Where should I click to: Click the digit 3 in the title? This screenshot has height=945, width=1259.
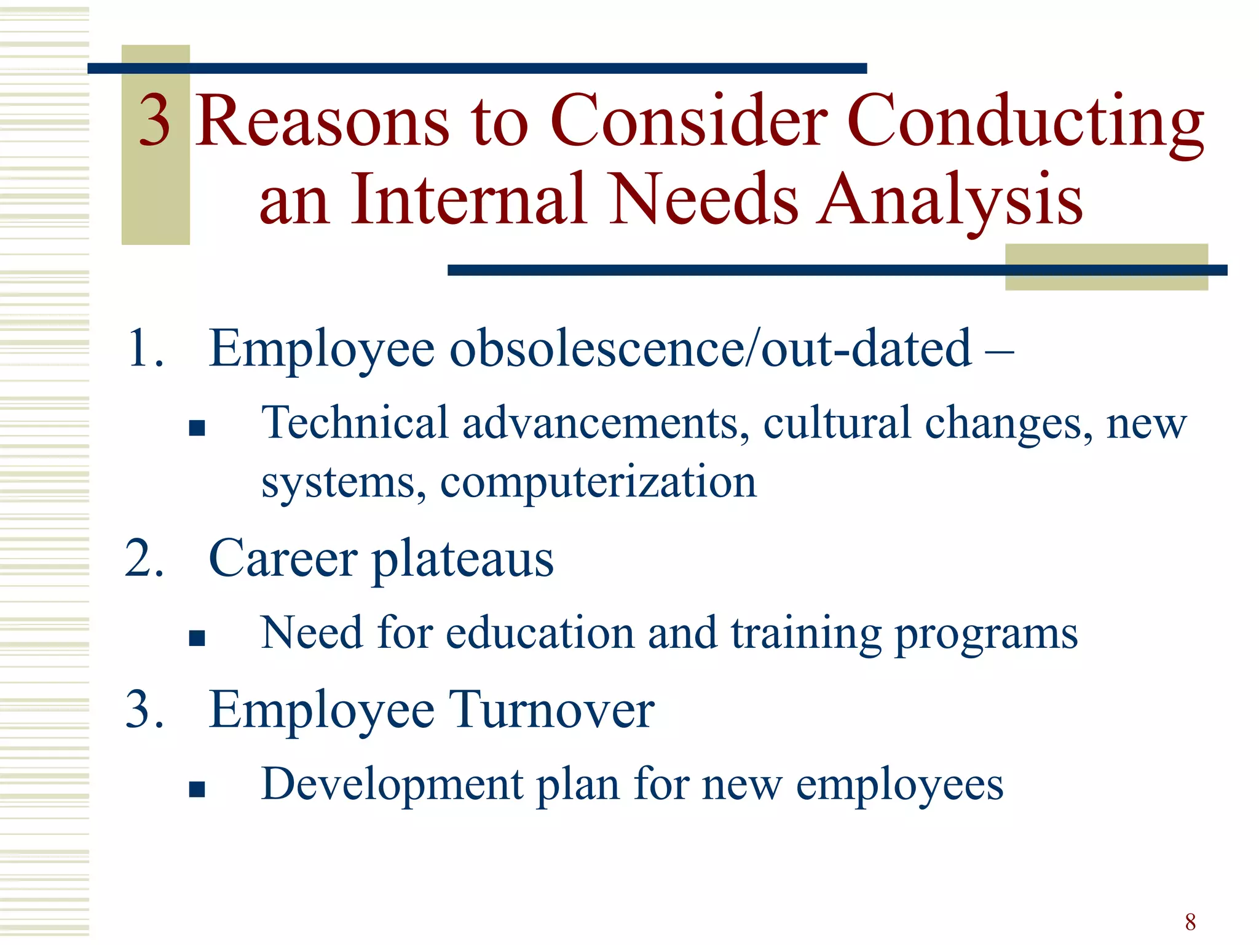click(154, 121)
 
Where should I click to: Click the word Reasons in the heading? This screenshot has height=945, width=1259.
click(322, 121)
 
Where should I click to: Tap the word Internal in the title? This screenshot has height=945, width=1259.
click(468, 199)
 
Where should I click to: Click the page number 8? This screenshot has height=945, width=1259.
click(1190, 922)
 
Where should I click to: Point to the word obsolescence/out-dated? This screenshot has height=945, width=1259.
click(711, 349)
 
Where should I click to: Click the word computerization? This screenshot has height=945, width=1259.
click(598, 482)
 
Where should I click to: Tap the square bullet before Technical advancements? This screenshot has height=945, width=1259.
click(197, 428)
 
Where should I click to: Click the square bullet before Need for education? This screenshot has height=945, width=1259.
click(197, 638)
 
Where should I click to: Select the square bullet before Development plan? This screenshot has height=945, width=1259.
click(197, 789)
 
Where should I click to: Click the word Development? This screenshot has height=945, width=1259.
click(392, 784)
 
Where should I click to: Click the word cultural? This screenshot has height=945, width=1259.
click(837, 423)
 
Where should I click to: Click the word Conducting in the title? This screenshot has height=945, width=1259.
click(1025, 121)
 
